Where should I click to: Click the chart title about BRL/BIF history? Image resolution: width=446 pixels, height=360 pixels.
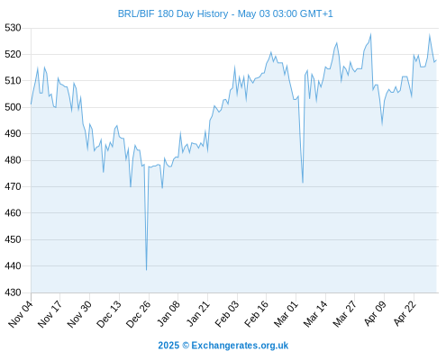225,13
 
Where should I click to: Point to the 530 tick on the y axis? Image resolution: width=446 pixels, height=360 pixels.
13,28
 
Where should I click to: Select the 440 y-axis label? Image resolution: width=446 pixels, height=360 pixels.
13,266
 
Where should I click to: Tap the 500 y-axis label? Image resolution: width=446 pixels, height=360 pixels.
13,107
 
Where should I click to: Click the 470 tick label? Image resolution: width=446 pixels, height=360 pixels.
13,186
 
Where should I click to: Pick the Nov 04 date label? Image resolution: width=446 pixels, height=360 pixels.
21,313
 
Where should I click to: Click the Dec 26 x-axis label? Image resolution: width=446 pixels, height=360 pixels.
138,313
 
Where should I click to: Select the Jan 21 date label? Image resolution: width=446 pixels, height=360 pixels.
197,313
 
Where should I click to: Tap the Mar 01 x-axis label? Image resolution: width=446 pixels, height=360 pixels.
286,313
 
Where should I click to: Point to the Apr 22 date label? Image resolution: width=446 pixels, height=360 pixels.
405,313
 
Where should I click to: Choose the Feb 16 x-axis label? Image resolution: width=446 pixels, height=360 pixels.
256,313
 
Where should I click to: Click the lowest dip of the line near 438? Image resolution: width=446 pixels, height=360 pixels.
146,270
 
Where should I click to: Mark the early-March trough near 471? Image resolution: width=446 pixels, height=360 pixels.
303,183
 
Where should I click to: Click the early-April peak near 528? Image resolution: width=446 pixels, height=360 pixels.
371,34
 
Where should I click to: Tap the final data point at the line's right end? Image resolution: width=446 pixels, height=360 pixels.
436,60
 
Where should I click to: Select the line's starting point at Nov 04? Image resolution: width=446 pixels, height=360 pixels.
31,103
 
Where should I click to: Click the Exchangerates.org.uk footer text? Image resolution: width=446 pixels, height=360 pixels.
240,346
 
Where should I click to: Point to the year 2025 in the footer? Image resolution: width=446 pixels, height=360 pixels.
168,346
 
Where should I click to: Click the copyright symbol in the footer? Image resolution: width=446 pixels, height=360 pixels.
186,346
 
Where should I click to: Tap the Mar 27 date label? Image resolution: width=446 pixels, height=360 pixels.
345,313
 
